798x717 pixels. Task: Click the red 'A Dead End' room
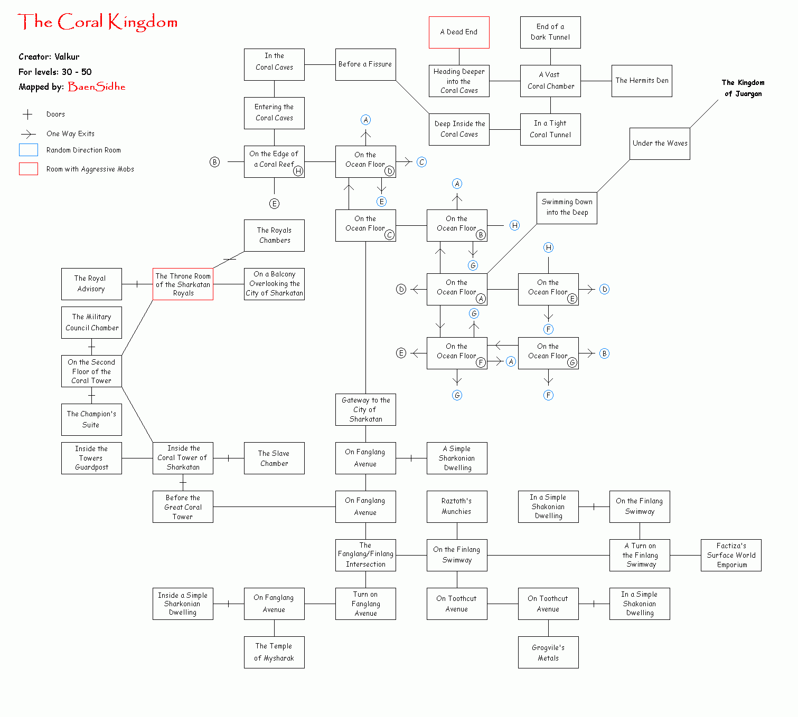click(459, 32)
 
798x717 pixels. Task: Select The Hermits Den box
click(642, 81)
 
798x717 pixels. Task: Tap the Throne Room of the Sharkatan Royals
click(183, 284)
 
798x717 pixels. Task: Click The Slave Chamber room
click(274, 458)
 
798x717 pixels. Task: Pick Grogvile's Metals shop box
click(548, 653)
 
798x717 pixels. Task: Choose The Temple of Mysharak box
click(274, 653)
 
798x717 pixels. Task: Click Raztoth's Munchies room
click(457, 506)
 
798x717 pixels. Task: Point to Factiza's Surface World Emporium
click(731, 555)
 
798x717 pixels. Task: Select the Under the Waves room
click(660, 144)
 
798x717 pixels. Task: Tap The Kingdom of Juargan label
click(743, 88)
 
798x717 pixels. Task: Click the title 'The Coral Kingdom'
click(98, 22)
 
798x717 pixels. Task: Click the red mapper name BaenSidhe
click(97, 87)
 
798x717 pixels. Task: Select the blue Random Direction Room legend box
click(29, 150)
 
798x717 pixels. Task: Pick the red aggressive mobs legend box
click(29, 169)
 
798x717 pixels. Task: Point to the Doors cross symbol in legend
click(27, 114)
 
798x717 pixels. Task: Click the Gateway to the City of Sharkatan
click(365, 409)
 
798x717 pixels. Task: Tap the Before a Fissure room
click(365, 64)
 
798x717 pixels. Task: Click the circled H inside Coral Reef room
click(298, 171)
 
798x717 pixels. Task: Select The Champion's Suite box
click(91, 419)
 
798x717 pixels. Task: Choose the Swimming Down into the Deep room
click(567, 208)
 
